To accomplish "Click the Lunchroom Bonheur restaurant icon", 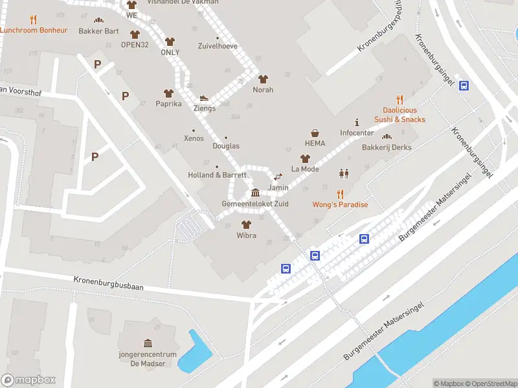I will [34, 20].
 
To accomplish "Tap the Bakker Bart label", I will [98, 31].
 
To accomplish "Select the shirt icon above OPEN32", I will [135, 34].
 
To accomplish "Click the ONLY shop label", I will [170, 52].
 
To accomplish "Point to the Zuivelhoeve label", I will [217, 46].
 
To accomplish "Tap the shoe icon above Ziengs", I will [204, 98].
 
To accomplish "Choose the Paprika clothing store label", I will [168, 103].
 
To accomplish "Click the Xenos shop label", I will [194, 138].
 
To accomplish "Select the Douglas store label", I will [225, 146].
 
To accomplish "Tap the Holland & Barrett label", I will [217, 175].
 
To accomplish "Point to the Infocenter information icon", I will [357, 122].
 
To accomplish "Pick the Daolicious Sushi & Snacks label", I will [400, 115].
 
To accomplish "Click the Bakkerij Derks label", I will [387, 147].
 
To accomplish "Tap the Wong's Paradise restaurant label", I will [340, 205].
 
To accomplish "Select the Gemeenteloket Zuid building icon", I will [255, 193].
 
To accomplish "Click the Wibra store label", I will [246, 235].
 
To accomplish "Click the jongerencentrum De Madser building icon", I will [148, 343].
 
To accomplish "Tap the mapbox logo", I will [28, 380].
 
